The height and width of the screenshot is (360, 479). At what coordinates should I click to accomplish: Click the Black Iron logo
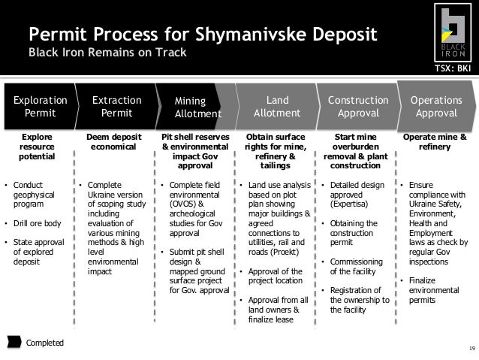(x=453, y=32)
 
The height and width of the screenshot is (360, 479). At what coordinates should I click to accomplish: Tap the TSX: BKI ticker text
(x=453, y=68)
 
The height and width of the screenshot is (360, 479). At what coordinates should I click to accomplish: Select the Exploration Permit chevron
(x=41, y=107)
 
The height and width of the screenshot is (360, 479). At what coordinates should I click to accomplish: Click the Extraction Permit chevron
(x=118, y=107)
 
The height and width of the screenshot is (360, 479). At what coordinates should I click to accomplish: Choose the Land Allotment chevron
(x=277, y=107)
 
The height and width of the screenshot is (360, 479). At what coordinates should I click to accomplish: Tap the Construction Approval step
(x=358, y=107)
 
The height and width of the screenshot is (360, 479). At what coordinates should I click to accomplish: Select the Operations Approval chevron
(x=436, y=107)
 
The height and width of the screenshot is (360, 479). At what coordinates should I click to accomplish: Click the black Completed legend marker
(x=14, y=342)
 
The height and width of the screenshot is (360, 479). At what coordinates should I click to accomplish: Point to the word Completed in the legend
(x=45, y=343)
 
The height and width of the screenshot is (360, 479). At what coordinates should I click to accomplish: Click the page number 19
(x=472, y=349)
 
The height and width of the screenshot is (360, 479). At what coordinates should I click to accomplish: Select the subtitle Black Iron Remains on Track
(x=107, y=53)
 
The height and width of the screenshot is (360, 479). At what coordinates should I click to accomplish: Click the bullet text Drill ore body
(x=38, y=223)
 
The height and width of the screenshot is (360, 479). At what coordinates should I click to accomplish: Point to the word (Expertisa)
(x=349, y=204)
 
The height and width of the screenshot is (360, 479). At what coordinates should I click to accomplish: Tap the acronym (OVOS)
(x=182, y=204)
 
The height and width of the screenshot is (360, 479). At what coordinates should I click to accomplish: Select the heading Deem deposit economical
(x=113, y=141)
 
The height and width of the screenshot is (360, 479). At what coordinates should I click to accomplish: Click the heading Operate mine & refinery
(x=435, y=141)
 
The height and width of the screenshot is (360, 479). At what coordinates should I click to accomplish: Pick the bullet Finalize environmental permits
(x=434, y=290)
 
